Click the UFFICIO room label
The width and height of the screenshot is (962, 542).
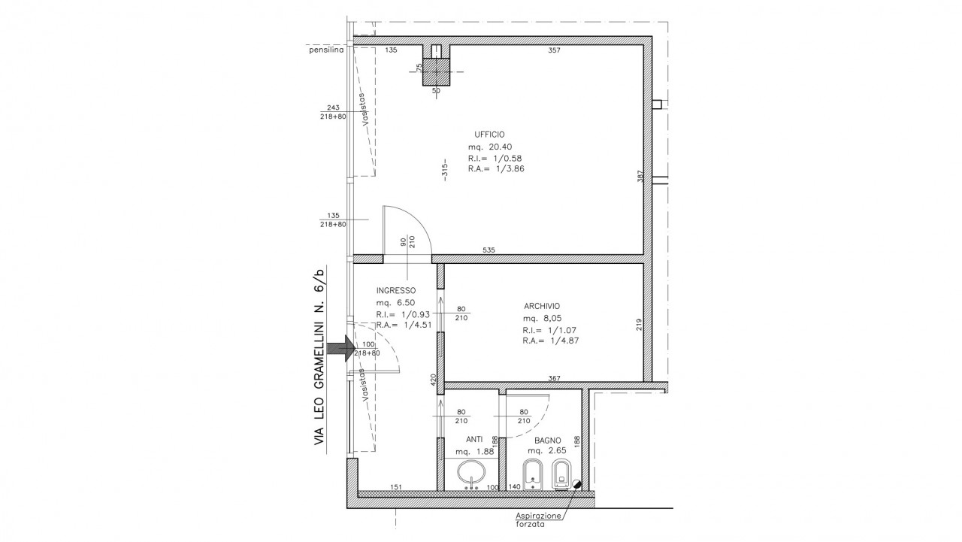(x=489, y=135)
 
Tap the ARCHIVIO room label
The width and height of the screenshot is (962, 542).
(x=542, y=306)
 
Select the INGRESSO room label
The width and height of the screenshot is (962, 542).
(x=396, y=291)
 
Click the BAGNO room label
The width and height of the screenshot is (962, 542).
(x=548, y=441)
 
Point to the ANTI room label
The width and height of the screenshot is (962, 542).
(x=474, y=440)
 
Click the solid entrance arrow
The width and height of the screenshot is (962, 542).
(x=340, y=348)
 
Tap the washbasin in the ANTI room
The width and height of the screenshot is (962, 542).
(x=471, y=474)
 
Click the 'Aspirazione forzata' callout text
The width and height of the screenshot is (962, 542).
(x=538, y=519)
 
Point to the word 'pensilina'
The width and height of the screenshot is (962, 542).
(x=326, y=50)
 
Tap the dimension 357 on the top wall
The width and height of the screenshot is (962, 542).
(x=554, y=50)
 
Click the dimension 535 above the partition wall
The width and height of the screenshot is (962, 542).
(x=489, y=250)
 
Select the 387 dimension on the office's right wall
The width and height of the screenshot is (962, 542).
(x=640, y=177)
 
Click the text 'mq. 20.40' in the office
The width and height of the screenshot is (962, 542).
(x=490, y=147)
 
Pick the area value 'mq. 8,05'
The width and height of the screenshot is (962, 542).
(x=542, y=318)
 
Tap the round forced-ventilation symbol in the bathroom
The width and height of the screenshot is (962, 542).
(x=576, y=484)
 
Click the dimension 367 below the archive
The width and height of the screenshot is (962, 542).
(x=555, y=378)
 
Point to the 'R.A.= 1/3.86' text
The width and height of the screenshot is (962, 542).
(x=496, y=169)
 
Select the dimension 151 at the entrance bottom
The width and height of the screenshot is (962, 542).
(x=396, y=487)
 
